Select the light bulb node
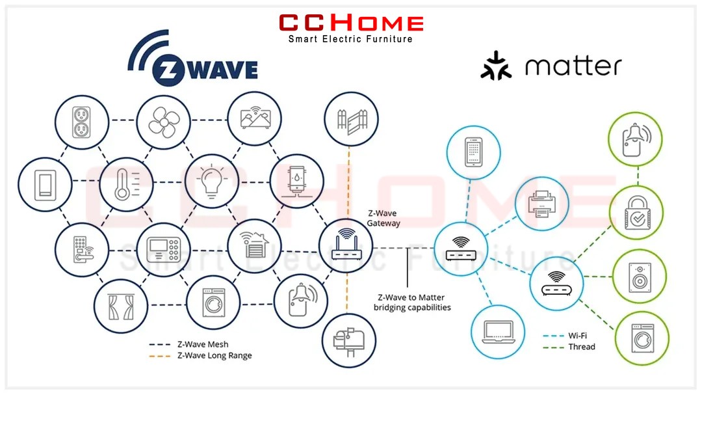click(212, 181)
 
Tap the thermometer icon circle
click(126, 184)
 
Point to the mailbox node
click(349, 341)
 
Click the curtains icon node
click(121, 306)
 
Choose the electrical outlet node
click(82, 122)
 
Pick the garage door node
click(254, 246)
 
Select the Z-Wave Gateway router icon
click(346, 246)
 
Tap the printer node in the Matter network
click(541, 204)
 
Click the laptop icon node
click(498, 332)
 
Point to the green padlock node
click(636, 213)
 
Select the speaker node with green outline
click(640, 277)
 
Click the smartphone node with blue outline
click(474, 152)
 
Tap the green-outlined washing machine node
click(642, 338)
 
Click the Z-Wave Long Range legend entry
click(201, 355)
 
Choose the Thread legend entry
click(569, 347)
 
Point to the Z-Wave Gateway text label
click(383, 218)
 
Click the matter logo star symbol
click(495, 66)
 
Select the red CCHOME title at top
click(352, 23)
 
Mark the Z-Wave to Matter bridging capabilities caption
click(412, 302)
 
